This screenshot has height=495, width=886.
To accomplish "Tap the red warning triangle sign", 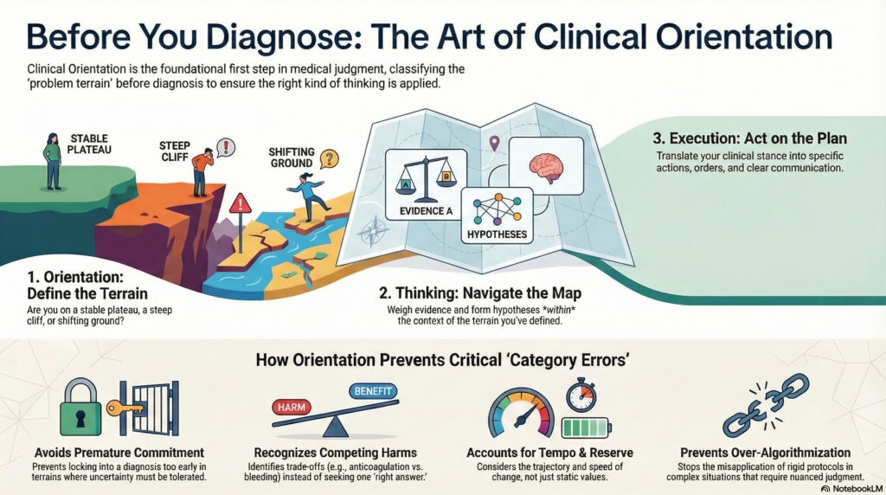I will (241, 204).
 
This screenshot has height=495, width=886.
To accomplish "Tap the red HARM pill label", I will (293, 405).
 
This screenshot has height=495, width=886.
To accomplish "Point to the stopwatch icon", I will (581, 394).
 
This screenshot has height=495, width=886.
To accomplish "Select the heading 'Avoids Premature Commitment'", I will (119, 453).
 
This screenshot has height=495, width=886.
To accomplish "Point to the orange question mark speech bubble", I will (328, 159).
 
